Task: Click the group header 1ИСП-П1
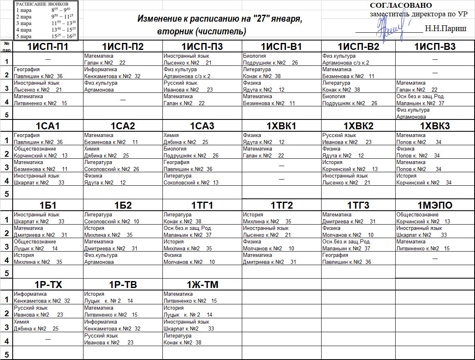click(x=47, y=47)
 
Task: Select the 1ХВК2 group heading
click(x=358, y=126)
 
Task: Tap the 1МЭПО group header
click(x=435, y=205)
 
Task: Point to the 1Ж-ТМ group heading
click(x=203, y=285)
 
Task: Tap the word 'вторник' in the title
click(x=176, y=32)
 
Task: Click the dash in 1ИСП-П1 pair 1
click(x=48, y=59)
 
